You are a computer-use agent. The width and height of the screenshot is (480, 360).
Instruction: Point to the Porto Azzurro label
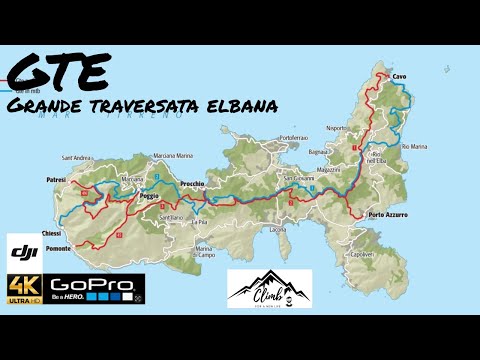tap(389, 214)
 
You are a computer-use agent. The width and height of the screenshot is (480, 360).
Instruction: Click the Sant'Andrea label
tap(78, 158)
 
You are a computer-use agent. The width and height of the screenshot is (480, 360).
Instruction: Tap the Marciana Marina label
tap(172, 155)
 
